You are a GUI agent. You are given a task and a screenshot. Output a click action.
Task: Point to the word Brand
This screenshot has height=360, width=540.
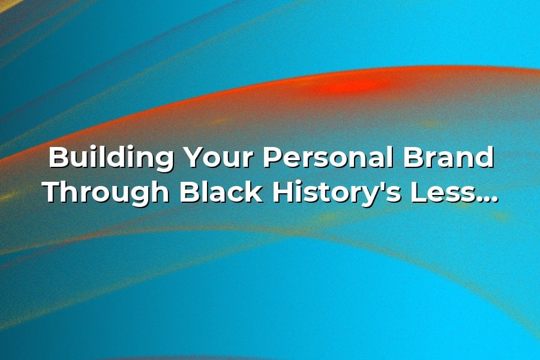448,157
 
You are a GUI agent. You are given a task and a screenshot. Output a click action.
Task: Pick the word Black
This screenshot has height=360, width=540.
221,191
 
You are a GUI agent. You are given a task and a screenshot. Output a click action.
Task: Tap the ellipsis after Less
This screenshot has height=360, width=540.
486,199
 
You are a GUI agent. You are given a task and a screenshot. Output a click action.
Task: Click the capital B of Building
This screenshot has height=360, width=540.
59,158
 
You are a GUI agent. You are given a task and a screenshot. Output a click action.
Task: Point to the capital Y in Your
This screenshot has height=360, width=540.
194,158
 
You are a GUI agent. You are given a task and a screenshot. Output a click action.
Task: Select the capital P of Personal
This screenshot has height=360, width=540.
273,158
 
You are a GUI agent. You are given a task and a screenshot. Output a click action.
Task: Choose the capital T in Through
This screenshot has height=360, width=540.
54,192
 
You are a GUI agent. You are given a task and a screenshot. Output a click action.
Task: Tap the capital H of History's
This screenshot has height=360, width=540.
284,192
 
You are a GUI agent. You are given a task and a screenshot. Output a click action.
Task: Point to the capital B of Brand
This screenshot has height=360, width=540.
414,158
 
